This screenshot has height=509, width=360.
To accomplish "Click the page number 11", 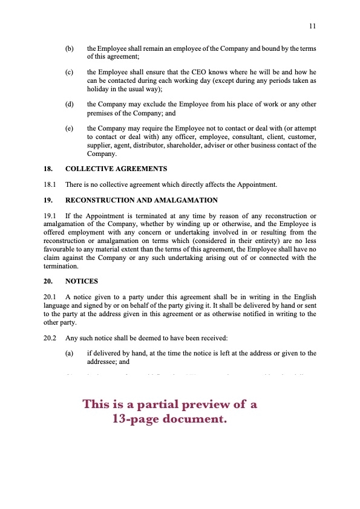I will click(x=312, y=26).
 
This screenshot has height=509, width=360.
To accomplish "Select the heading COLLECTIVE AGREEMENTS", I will click(x=116, y=169).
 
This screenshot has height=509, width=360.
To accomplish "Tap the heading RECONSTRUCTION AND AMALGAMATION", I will click(x=142, y=200).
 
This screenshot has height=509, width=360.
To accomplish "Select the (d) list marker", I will click(x=69, y=105).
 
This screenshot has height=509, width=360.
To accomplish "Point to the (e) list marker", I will click(x=69, y=129).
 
